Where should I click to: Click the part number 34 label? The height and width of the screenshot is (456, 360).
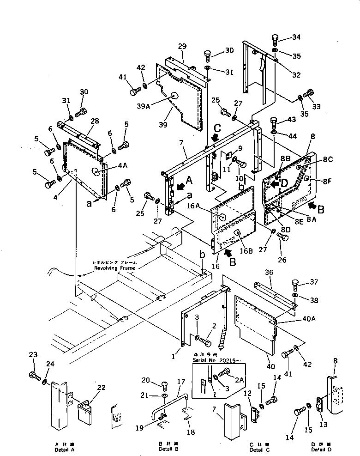[296, 37]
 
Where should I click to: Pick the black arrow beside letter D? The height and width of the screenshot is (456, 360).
[274, 183]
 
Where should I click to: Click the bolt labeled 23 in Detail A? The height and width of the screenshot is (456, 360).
[33, 375]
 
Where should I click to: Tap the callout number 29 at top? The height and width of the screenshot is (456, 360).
[182, 47]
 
